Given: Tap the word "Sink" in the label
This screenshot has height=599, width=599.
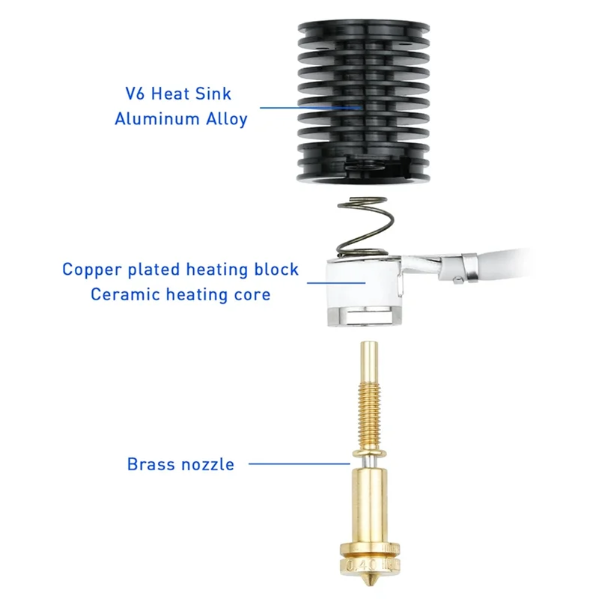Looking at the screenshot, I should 213,94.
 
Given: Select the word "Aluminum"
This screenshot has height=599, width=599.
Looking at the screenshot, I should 155,118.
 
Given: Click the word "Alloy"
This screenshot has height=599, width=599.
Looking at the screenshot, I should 225,118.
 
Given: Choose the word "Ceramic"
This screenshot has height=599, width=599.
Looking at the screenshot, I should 121,294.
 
